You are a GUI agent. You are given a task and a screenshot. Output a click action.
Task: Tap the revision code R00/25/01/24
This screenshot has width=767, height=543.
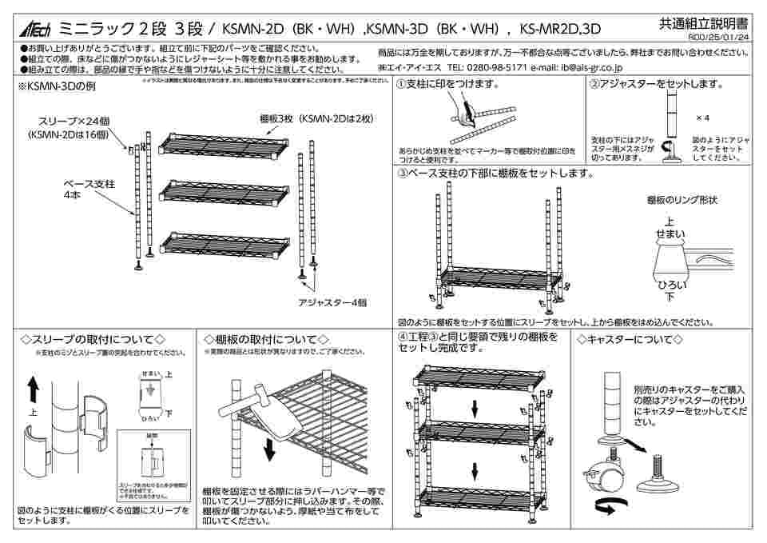pyautogui.click(x=717, y=38)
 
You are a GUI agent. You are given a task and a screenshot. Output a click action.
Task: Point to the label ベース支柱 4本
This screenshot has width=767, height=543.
pyautogui.click(x=89, y=189)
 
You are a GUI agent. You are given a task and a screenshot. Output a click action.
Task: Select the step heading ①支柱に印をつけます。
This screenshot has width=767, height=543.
pyautogui.click(x=447, y=85)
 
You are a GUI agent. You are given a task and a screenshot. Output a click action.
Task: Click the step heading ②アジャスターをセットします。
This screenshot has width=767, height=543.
pyautogui.click(x=656, y=85)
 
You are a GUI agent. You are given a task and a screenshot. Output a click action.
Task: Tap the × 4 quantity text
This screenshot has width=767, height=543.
pyautogui.click(x=702, y=118)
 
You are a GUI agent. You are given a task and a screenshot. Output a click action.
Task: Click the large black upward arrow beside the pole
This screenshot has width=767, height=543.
pyautogui.click(x=33, y=391)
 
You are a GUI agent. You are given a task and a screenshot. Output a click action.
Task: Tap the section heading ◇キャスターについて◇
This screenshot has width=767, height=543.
pyautogui.click(x=630, y=340)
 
